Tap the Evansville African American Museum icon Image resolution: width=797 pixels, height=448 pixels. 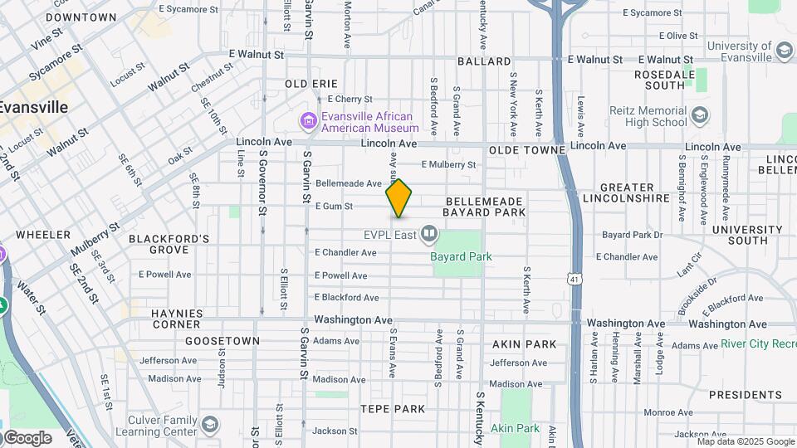coord(309,123)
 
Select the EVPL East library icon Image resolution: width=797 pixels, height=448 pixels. coord(429,235)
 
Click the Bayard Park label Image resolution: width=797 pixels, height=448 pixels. coord(461,256)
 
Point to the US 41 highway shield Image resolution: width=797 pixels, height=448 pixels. coord(575,280)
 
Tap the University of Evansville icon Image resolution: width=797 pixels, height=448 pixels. coord(784,51)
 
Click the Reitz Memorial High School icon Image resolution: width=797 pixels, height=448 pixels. coord(700,115)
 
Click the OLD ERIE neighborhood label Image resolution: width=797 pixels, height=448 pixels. coord(311,84)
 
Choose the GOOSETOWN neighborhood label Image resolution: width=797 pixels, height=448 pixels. coord(217,341)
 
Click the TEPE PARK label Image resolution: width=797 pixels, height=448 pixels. coord(393,408)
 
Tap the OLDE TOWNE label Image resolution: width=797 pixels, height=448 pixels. coord(526,149)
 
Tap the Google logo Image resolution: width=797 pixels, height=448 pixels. coord(27,438)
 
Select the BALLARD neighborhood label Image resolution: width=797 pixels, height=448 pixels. coord(484,61)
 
